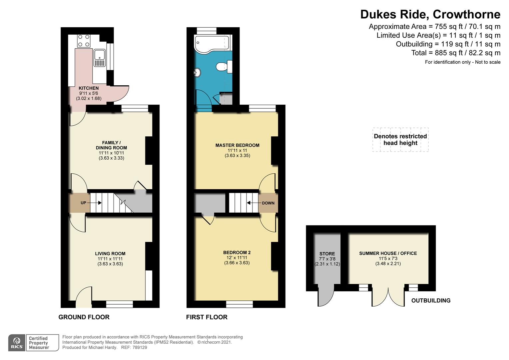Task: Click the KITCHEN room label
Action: point(89,88)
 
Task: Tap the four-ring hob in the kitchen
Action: point(84,41)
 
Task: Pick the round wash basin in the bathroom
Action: point(197,72)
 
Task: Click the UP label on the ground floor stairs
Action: point(83,203)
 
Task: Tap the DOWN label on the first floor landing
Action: point(268,203)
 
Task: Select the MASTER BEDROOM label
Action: point(237,145)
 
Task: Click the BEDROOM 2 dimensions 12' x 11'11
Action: point(237,258)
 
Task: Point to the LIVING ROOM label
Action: point(110,254)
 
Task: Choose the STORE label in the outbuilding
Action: point(327,254)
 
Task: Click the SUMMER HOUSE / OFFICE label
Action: point(388,253)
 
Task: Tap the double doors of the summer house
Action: point(388,297)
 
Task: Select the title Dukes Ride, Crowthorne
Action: point(430,14)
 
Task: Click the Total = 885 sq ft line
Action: point(455,53)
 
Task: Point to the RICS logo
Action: point(17,343)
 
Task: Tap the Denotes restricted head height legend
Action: point(400,140)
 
